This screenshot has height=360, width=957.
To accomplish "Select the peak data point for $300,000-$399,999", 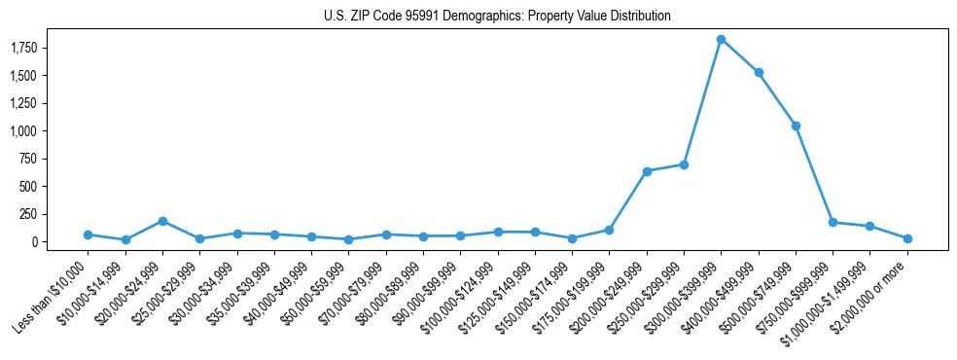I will (721, 39).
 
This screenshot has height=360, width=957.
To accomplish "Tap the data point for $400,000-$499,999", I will (759, 72).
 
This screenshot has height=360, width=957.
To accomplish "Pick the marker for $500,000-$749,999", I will (796, 126).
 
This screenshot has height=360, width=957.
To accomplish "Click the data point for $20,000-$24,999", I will (162, 221).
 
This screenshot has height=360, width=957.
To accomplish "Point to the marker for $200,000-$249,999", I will (647, 171).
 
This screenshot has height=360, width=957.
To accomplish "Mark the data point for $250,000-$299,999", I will (684, 164).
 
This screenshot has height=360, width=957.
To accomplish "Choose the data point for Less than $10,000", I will (88, 234).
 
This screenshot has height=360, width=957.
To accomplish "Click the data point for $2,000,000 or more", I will (907, 238).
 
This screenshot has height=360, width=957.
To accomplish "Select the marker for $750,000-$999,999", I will (833, 222).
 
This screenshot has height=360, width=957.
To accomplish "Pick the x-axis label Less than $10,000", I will (53, 293).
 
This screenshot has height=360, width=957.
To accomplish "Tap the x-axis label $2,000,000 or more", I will (872, 293).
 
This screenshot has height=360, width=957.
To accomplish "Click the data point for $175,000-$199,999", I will (609, 230).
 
